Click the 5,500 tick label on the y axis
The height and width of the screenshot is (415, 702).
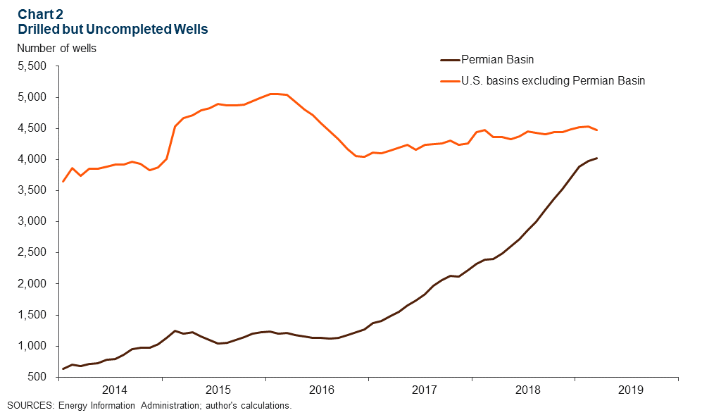click(x=31, y=66)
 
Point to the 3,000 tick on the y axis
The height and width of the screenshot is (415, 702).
click(x=31, y=221)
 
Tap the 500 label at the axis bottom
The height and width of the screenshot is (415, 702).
click(x=37, y=377)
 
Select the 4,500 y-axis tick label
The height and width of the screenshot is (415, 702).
click(x=31, y=128)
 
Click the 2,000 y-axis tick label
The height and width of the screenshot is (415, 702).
click(x=31, y=283)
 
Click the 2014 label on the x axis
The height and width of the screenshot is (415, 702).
click(x=114, y=390)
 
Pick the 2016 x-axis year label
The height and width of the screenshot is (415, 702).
click(x=321, y=390)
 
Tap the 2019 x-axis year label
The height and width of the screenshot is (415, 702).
click(x=631, y=390)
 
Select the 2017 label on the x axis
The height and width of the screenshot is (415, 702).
click(x=425, y=390)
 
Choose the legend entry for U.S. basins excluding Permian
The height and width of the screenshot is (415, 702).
click(x=553, y=81)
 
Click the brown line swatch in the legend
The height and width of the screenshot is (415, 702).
click(x=449, y=61)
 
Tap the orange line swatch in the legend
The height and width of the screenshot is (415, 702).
click(x=449, y=81)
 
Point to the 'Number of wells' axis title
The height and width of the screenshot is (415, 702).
click(x=56, y=49)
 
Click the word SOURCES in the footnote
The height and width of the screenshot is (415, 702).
click(x=30, y=406)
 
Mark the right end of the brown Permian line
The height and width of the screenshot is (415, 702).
click(x=597, y=158)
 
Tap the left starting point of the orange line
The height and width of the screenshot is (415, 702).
click(x=63, y=182)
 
